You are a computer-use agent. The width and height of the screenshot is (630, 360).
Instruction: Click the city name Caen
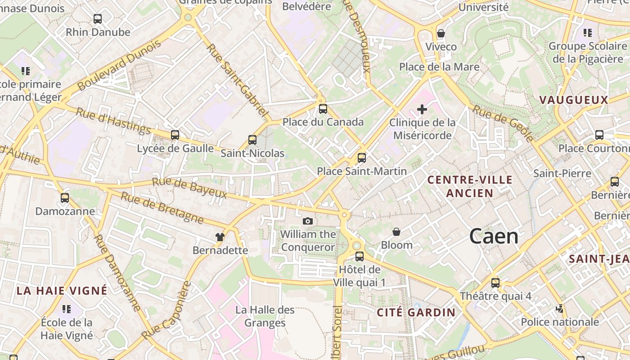point(494,236)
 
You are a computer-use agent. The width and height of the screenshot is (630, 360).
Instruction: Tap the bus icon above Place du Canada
point(323,109)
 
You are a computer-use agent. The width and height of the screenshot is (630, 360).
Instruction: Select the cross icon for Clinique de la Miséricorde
point(422,109)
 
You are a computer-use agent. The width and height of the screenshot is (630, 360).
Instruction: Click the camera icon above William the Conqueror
point(308,221)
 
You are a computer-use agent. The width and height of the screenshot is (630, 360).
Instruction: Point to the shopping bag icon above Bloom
point(396,232)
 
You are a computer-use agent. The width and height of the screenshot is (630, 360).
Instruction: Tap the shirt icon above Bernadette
point(220,237)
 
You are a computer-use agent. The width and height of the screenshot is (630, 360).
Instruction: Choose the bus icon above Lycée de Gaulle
point(175,135)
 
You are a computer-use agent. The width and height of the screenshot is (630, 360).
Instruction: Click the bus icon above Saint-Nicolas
point(252,140)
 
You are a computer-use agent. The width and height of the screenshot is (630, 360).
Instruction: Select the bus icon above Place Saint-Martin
point(362,158)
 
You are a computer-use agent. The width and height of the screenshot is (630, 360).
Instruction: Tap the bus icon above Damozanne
point(65,198)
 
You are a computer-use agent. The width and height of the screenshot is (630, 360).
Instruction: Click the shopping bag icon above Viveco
point(441,34)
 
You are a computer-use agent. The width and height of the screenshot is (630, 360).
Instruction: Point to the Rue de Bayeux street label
point(189,188)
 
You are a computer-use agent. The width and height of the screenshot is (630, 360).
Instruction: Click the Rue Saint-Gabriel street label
point(238,80)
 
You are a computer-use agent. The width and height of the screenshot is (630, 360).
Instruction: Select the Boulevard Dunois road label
point(119,65)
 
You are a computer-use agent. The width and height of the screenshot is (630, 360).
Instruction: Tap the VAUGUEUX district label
point(573,100)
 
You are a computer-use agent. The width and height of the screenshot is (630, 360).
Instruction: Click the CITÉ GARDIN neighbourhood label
point(416,312)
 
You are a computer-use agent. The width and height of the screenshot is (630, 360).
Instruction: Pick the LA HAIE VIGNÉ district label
point(62,290)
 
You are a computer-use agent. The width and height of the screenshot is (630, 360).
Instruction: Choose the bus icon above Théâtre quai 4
point(495,283)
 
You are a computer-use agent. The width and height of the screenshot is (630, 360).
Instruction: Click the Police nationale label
point(560,322)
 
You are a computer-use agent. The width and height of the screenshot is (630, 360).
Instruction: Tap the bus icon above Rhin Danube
point(98,19)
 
